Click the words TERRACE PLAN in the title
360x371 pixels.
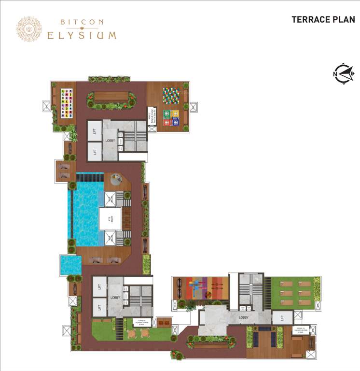323,20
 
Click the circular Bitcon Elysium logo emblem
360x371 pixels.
28,29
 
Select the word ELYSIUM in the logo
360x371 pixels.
82,35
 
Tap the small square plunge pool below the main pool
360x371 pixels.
70,265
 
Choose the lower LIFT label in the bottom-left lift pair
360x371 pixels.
100,307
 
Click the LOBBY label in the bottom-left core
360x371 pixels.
115,298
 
